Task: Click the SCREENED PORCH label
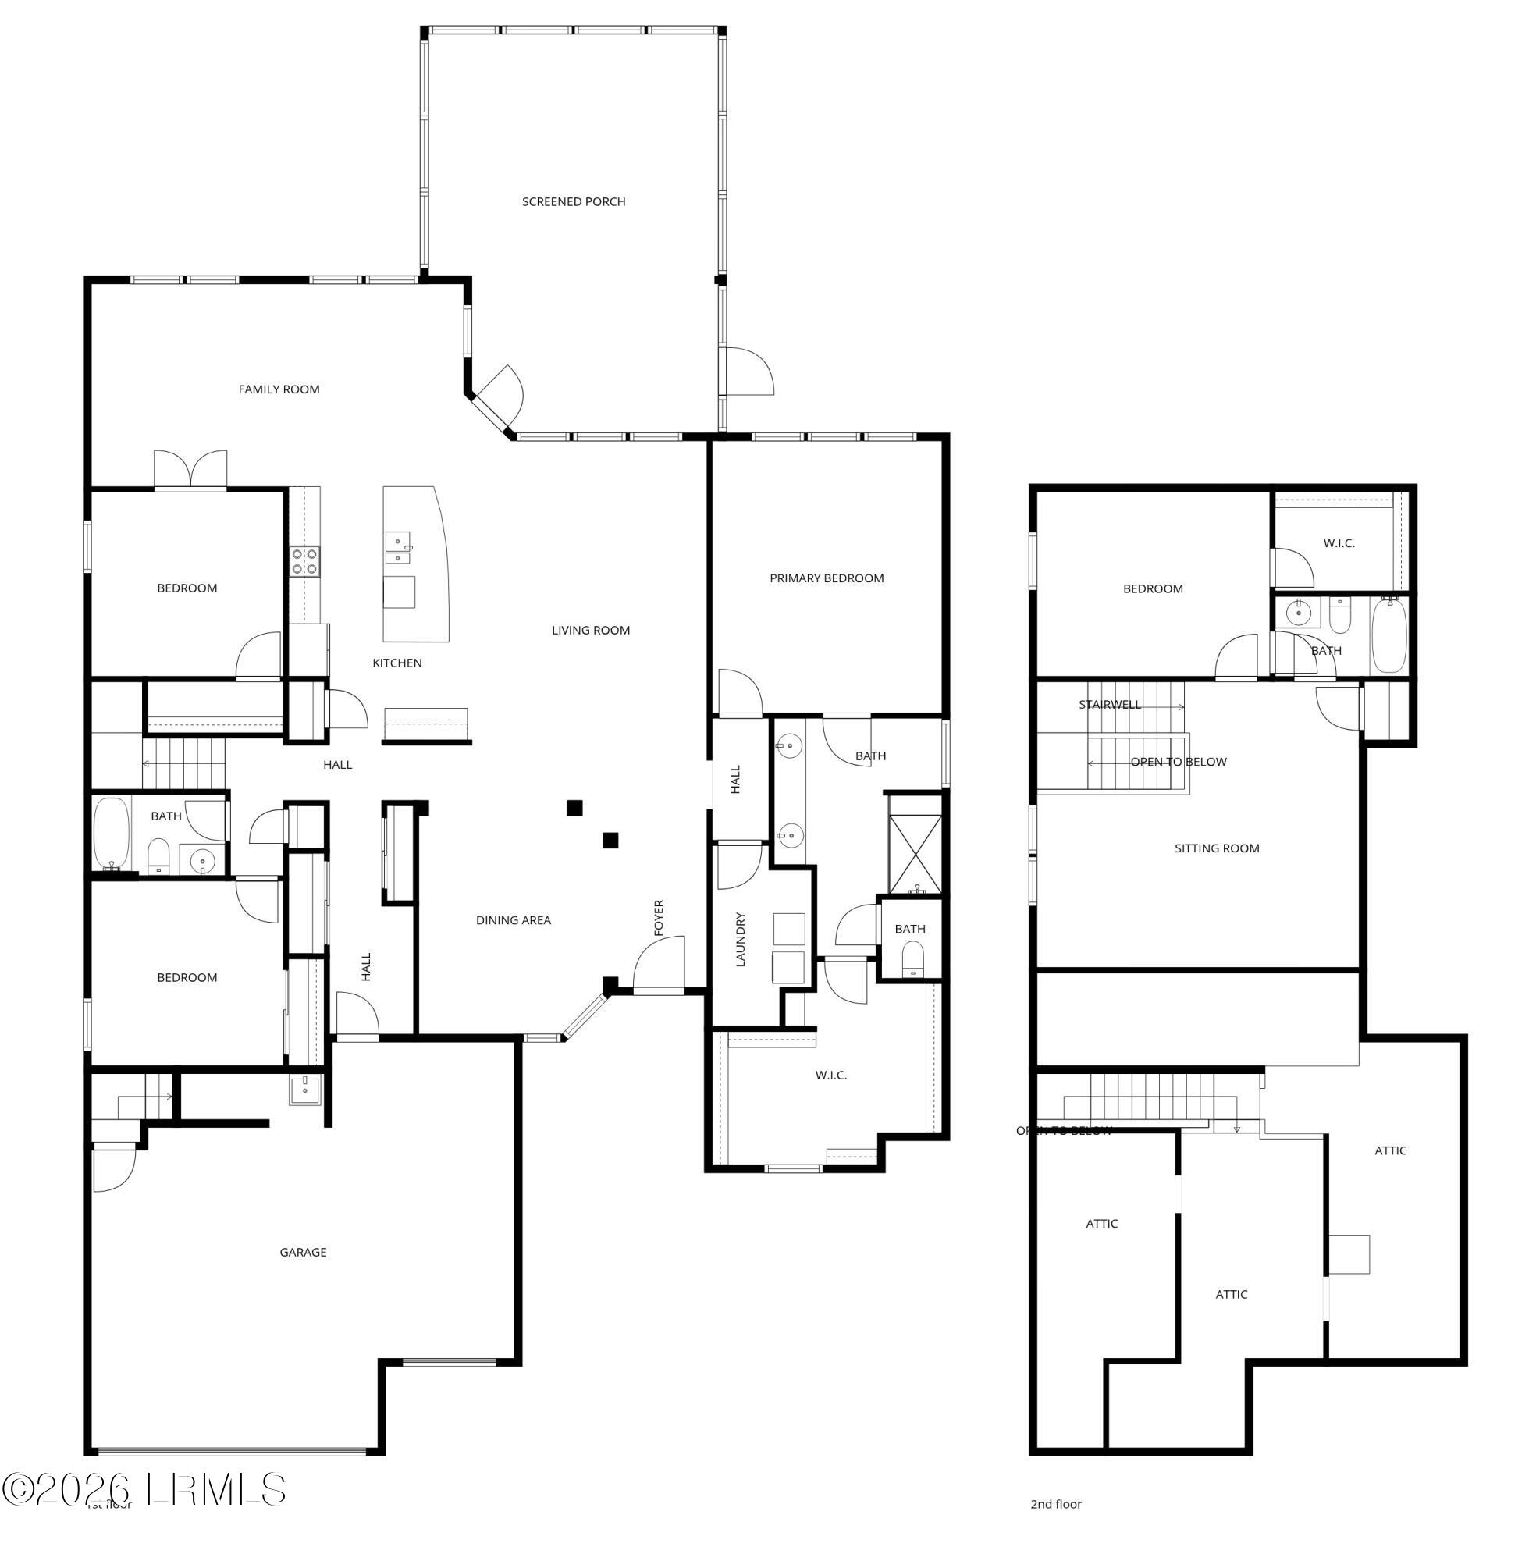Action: point(573,201)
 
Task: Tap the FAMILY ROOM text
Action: point(279,389)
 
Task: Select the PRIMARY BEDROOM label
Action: point(826,578)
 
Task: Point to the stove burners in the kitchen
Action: point(305,560)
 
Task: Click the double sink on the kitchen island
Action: point(398,547)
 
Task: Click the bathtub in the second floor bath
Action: point(1389,635)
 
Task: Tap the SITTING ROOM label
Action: point(1216,848)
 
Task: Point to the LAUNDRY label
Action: point(741,939)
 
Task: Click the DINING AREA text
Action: point(513,919)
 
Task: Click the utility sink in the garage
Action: point(305,1089)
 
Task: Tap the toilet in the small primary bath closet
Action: point(912,960)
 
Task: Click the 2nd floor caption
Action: point(1055,1503)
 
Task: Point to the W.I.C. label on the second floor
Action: point(1339,543)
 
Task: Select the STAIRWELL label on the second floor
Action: point(1109,704)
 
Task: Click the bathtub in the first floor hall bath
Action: point(112,834)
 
